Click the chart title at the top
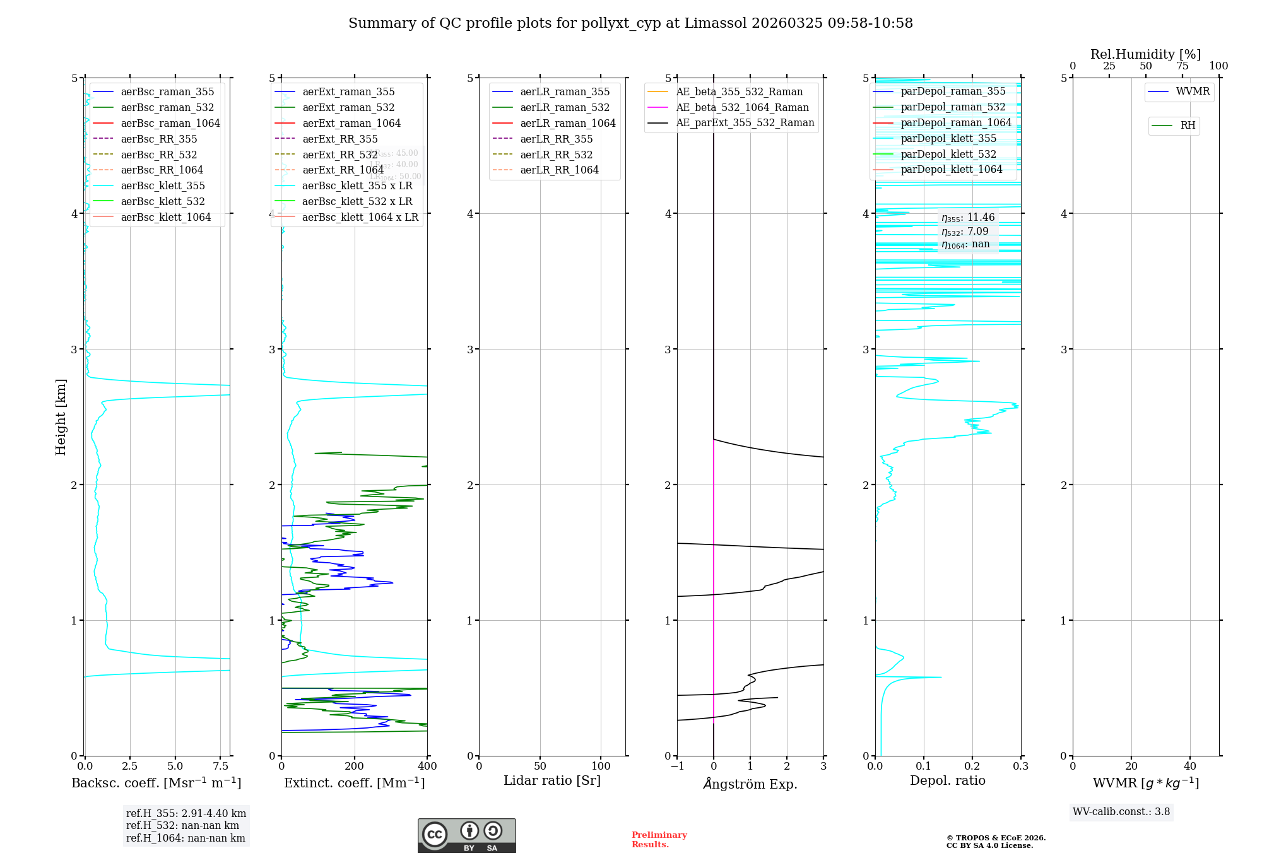point(630,23)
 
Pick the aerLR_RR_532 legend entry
point(556,155)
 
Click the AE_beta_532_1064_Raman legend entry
point(742,107)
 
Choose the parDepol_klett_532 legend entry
point(948,154)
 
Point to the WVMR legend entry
point(1193,91)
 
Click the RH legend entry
point(1188,126)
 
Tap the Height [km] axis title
point(61,416)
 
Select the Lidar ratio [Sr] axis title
point(552,780)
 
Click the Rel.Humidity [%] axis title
point(1145,54)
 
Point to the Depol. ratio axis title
point(947,780)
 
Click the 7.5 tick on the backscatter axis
point(221,767)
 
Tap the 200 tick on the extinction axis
point(355,767)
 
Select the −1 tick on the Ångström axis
point(677,767)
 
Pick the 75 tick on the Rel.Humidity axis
point(1182,66)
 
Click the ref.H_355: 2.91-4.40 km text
point(186,813)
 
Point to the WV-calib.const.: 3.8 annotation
point(1121,812)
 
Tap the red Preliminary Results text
point(659,840)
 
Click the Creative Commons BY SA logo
point(466,835)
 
